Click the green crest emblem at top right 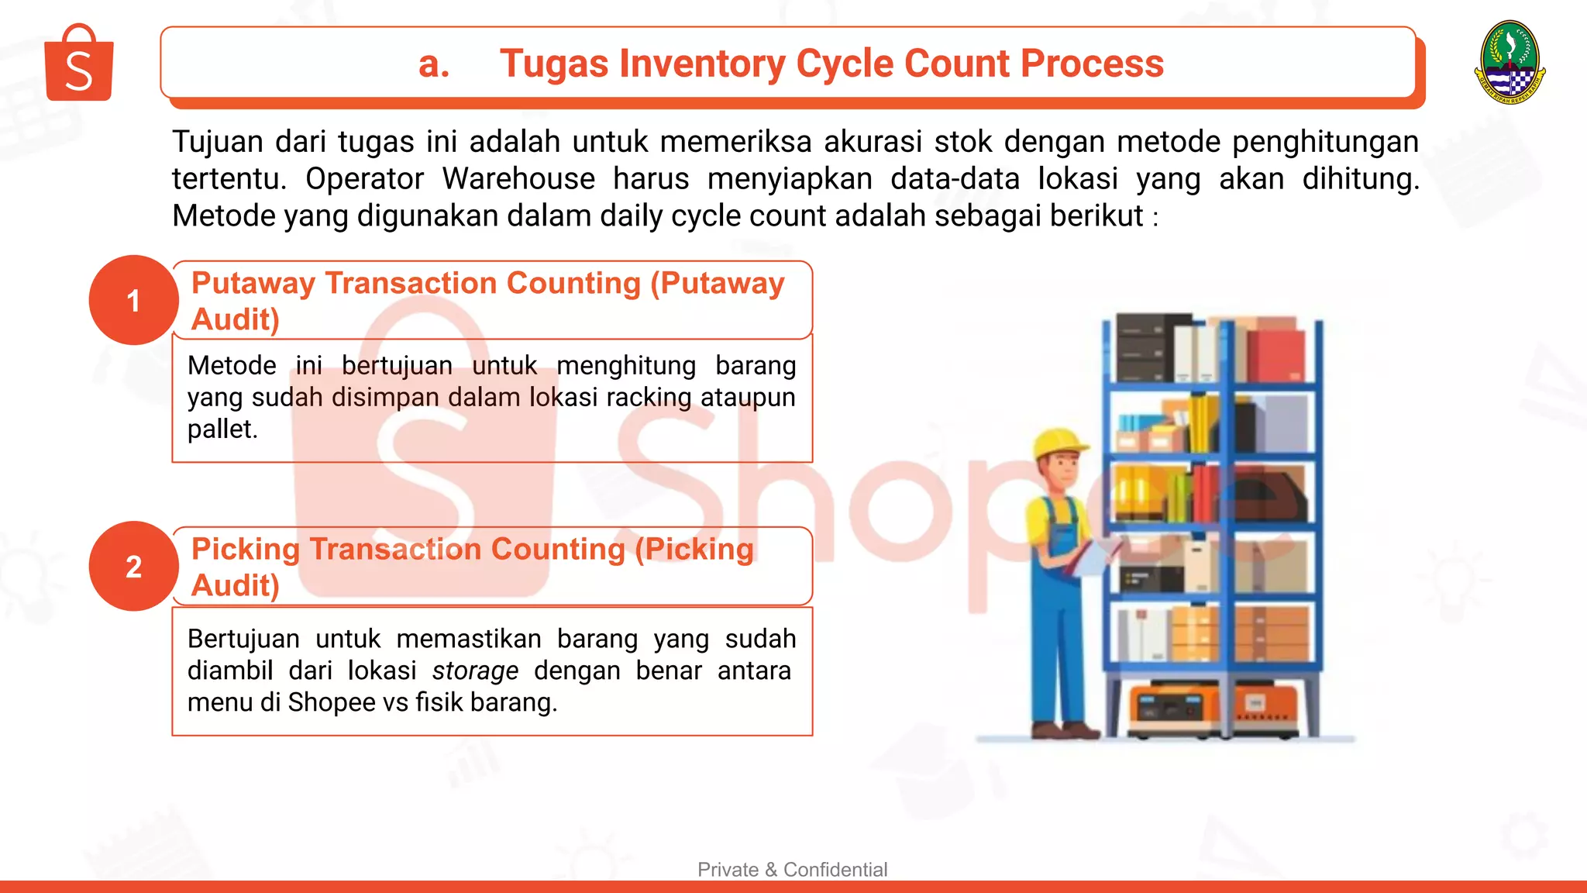[1510, 62]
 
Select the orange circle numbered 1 [133, 301]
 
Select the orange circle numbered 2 [133, 567]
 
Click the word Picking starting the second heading [246, 550]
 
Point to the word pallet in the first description [222, 429]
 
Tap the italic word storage [475, 671]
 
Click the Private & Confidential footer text [792, 870]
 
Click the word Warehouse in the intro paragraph [518, 179]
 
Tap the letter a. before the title [433, 64]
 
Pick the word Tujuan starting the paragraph [218, 143]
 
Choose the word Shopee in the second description [332, 703]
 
